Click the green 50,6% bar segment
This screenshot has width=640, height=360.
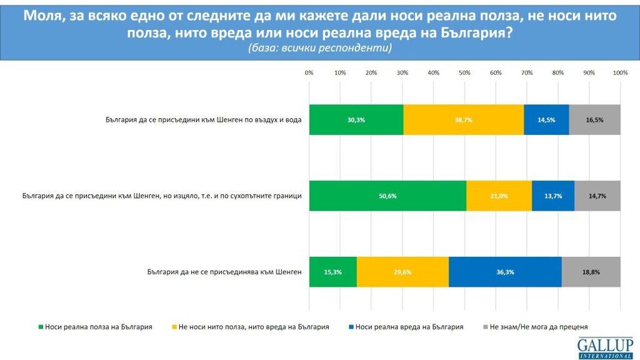387,196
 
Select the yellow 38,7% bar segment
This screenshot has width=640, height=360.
463,119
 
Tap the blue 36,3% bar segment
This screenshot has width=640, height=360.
505,272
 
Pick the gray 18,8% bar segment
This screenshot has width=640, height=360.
591,272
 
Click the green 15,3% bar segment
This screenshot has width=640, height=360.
332,272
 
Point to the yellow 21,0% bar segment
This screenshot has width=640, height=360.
499,196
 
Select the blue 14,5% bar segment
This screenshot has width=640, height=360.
546,119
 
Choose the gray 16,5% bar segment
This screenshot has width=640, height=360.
594,119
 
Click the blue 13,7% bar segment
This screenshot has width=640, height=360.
553,196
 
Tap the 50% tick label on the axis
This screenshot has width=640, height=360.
464,73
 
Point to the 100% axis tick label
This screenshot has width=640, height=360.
620,73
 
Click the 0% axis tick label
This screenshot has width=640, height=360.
309,73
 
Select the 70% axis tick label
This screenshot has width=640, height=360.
527,73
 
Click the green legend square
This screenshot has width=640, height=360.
41,326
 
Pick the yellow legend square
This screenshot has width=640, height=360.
173,326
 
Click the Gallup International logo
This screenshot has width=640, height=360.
605,347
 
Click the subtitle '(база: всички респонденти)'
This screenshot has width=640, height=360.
319,48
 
